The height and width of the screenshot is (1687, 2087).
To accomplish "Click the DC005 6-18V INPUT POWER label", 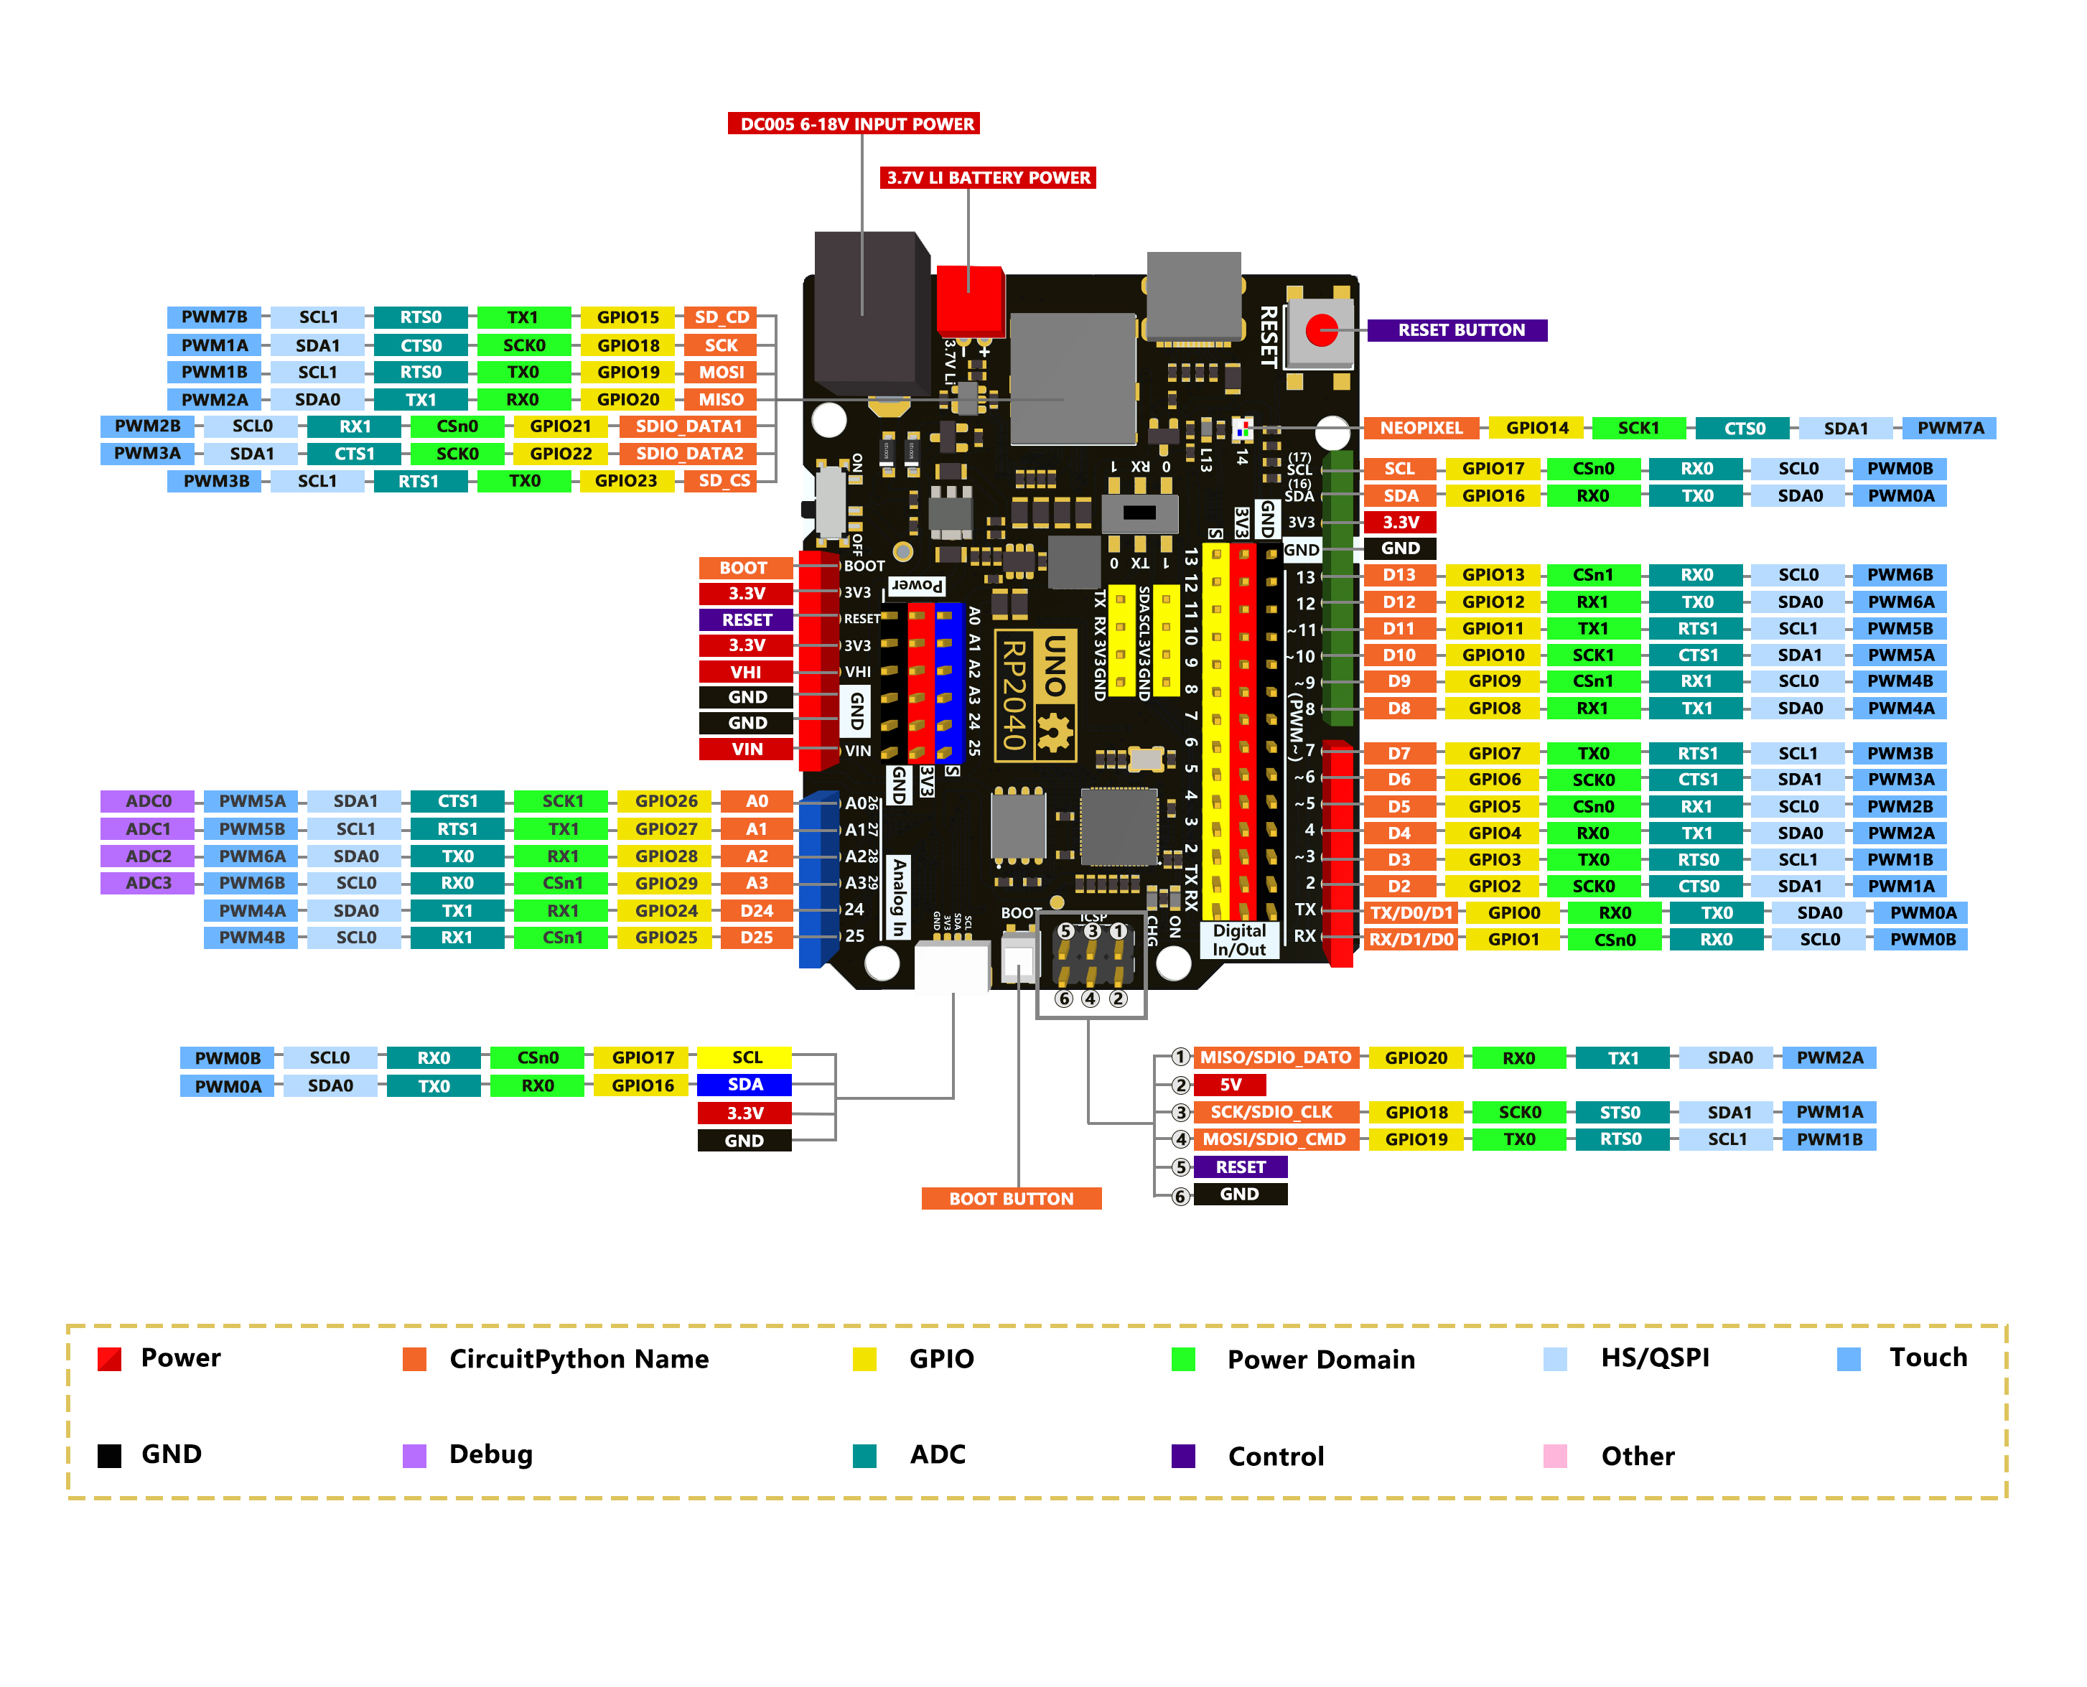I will [854, 123].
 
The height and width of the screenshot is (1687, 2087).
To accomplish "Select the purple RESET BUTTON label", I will [1458, 330].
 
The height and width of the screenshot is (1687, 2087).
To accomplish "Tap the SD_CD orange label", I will [721, 317].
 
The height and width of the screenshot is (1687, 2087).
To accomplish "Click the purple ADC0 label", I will [148, 800].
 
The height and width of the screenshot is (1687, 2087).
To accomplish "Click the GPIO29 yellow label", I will [666, 882].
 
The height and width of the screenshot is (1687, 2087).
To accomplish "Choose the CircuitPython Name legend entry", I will [578, 1357].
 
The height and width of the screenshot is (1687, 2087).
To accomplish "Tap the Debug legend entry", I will [490, 1454].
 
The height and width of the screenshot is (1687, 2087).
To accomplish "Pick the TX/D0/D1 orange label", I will [1410, 912].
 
